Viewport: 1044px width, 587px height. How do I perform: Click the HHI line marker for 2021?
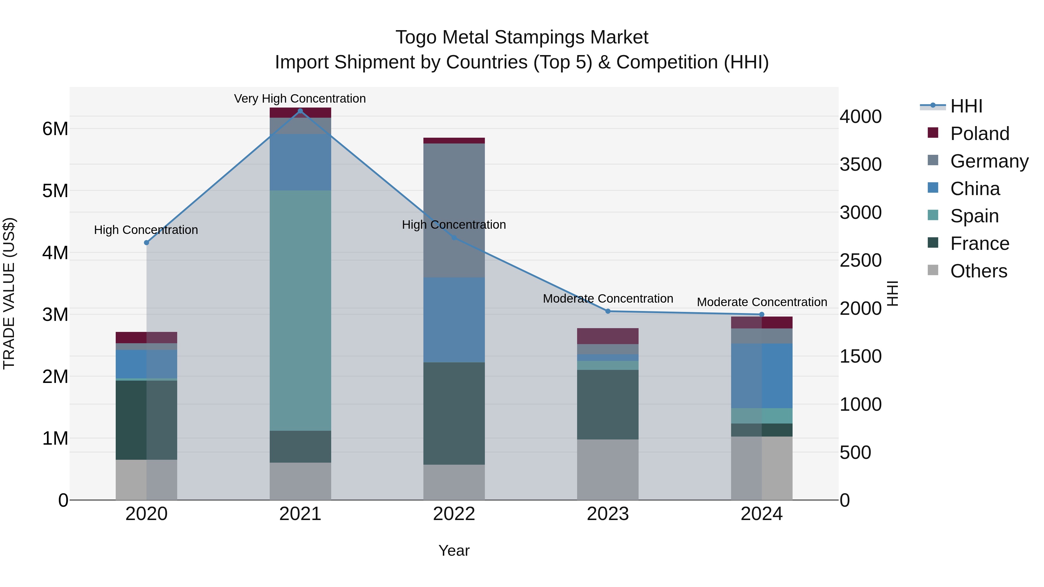(x=300, y=111)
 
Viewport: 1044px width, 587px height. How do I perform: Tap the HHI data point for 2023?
(x=608, y=311)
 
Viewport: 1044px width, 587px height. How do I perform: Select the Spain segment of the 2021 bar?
(x=300, y=310)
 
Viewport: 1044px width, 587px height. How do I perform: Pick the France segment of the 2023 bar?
(x=608, y=404)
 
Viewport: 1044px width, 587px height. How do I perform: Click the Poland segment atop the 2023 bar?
(x=608, y=336)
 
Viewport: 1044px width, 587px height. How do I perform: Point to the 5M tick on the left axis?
(x=55, y=191)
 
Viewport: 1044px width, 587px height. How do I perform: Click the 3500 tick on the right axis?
(x=860, y=164)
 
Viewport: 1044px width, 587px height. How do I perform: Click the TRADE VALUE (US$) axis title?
(x=9, y=293)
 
